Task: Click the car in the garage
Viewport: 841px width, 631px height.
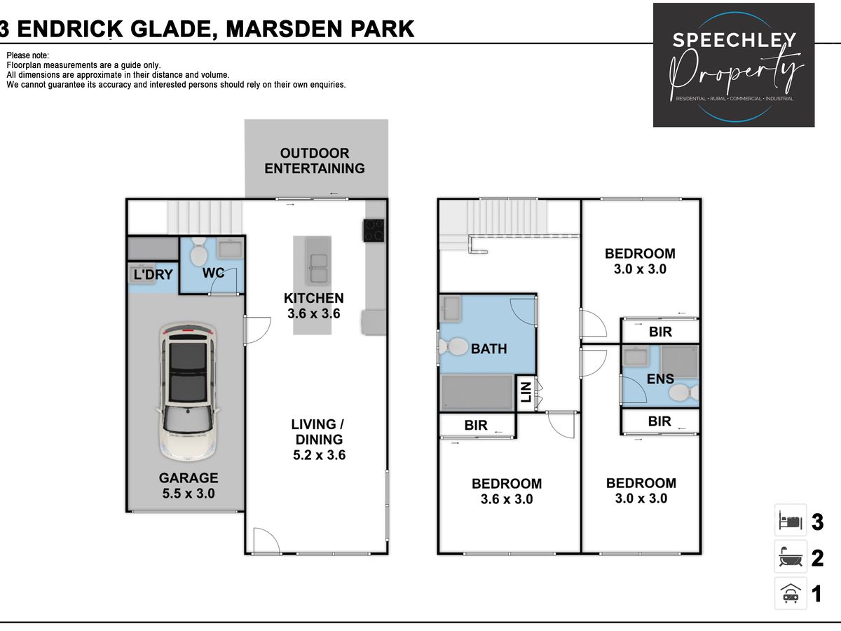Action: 188,391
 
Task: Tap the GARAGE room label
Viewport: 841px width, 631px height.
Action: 189,477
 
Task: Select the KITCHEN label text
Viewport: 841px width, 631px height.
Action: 314,298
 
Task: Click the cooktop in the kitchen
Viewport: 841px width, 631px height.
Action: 374,230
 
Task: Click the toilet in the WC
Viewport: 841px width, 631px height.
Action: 198,251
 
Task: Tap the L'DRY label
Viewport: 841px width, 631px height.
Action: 153,274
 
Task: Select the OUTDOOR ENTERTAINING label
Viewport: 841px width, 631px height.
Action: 315,161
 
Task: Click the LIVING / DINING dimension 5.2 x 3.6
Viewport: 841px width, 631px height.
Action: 319,455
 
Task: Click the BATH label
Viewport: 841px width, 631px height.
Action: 489,348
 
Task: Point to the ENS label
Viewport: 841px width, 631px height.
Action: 660,379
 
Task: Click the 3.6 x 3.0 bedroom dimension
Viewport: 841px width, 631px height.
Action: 507,499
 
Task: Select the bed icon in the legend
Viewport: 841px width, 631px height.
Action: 791,522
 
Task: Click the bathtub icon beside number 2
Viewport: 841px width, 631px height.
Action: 791,557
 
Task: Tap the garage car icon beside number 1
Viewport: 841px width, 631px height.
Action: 791,593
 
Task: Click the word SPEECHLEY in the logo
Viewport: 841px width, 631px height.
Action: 734,40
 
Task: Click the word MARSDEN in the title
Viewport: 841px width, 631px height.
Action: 284,29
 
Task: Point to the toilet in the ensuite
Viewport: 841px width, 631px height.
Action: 685,393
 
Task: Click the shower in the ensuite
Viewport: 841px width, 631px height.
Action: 679,362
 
